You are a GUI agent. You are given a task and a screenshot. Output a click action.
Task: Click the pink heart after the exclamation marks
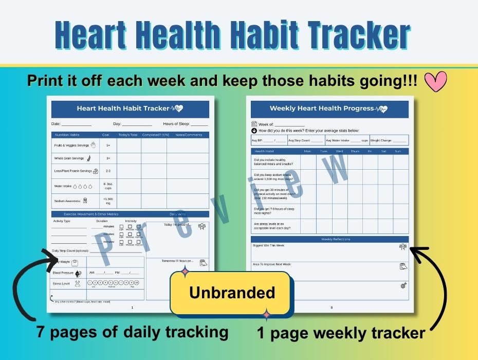pos(436,81)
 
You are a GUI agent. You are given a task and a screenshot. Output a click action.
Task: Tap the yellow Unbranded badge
pos(232,293)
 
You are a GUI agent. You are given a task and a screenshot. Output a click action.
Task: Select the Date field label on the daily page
pos(56,124)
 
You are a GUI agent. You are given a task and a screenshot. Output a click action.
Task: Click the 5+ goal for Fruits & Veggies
pos(108,146)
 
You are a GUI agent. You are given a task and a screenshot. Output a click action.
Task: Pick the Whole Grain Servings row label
pos(69,158)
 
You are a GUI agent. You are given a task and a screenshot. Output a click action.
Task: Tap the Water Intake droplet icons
pos(82,186)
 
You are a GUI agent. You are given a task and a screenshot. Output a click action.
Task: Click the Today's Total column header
pos(128,135)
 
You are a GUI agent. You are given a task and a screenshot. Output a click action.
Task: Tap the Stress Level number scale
pos(114,283)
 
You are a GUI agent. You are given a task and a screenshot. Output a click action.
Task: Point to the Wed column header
pos(339,151)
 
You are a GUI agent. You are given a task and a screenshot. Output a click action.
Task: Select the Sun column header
pos(397,151)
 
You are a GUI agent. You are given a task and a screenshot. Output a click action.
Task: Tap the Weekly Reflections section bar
pos(329,239)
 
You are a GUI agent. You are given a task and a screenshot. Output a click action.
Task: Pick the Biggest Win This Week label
pos(268,245)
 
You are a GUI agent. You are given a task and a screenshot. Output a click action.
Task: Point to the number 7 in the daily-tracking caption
pos(40,332)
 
